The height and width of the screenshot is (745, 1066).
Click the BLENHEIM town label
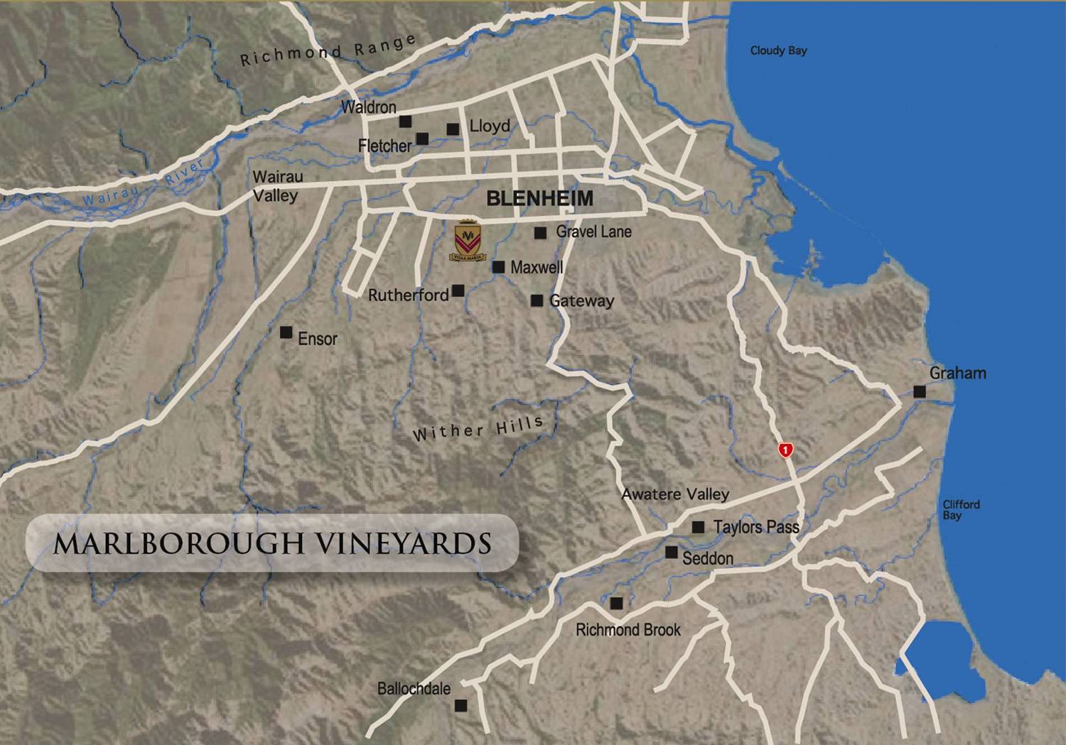(x=539, y=199)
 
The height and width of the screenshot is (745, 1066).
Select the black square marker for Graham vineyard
(x=920, y=391)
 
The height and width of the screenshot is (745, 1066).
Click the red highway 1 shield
(x=785, y=450)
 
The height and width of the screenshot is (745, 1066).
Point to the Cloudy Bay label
(x=778, y=50)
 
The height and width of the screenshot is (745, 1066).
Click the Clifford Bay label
(x=961, y=509)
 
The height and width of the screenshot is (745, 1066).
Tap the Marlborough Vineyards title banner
(x=272, y=543)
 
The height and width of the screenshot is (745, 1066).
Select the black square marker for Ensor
(x=286, y=332)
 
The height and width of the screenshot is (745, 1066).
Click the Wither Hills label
(x=478, y=429)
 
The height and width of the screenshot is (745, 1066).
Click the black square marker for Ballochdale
(x=461, y=705)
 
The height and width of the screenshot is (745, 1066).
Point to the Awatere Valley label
(x=675, y=494)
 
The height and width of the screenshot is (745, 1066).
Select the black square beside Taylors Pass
(x=699, y=527)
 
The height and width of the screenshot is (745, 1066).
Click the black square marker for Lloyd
(x=453, y=129)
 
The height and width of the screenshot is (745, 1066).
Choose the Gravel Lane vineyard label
(x=593, y=232)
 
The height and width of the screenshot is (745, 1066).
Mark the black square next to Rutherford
(x=458, y=290)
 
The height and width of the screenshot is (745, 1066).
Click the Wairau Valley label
(x=277, y=186)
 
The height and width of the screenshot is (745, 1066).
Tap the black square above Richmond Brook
(x=617, y=603)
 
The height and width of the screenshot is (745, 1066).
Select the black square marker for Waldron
(x=405, y=121)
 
